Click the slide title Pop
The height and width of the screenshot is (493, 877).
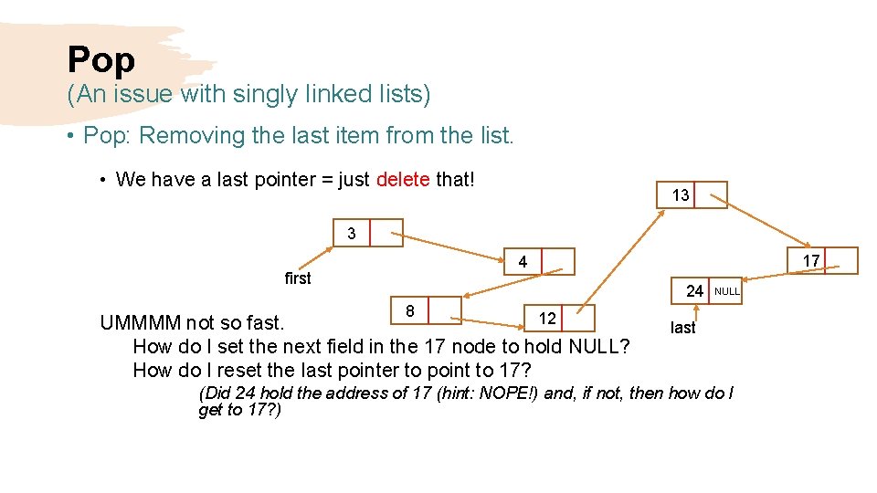tap(100, 60)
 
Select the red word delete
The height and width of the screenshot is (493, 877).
tap(403, 180)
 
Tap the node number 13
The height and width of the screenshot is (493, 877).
tap(680, 195)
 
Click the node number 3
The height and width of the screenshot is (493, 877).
tap(352, 234)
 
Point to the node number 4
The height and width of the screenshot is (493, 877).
tap(523, 262)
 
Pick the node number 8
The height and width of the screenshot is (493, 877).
tap(410, 311)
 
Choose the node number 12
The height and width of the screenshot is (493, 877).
tap(547, 318)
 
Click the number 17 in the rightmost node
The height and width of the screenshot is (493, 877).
tap(810, 261)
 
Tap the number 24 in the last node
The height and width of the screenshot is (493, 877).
tap(694, 291)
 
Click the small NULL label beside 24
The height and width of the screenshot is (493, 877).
tap(727, 292)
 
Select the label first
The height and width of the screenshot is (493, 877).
tap(298, 278)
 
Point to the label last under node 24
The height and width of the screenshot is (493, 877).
tap(682, 328)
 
